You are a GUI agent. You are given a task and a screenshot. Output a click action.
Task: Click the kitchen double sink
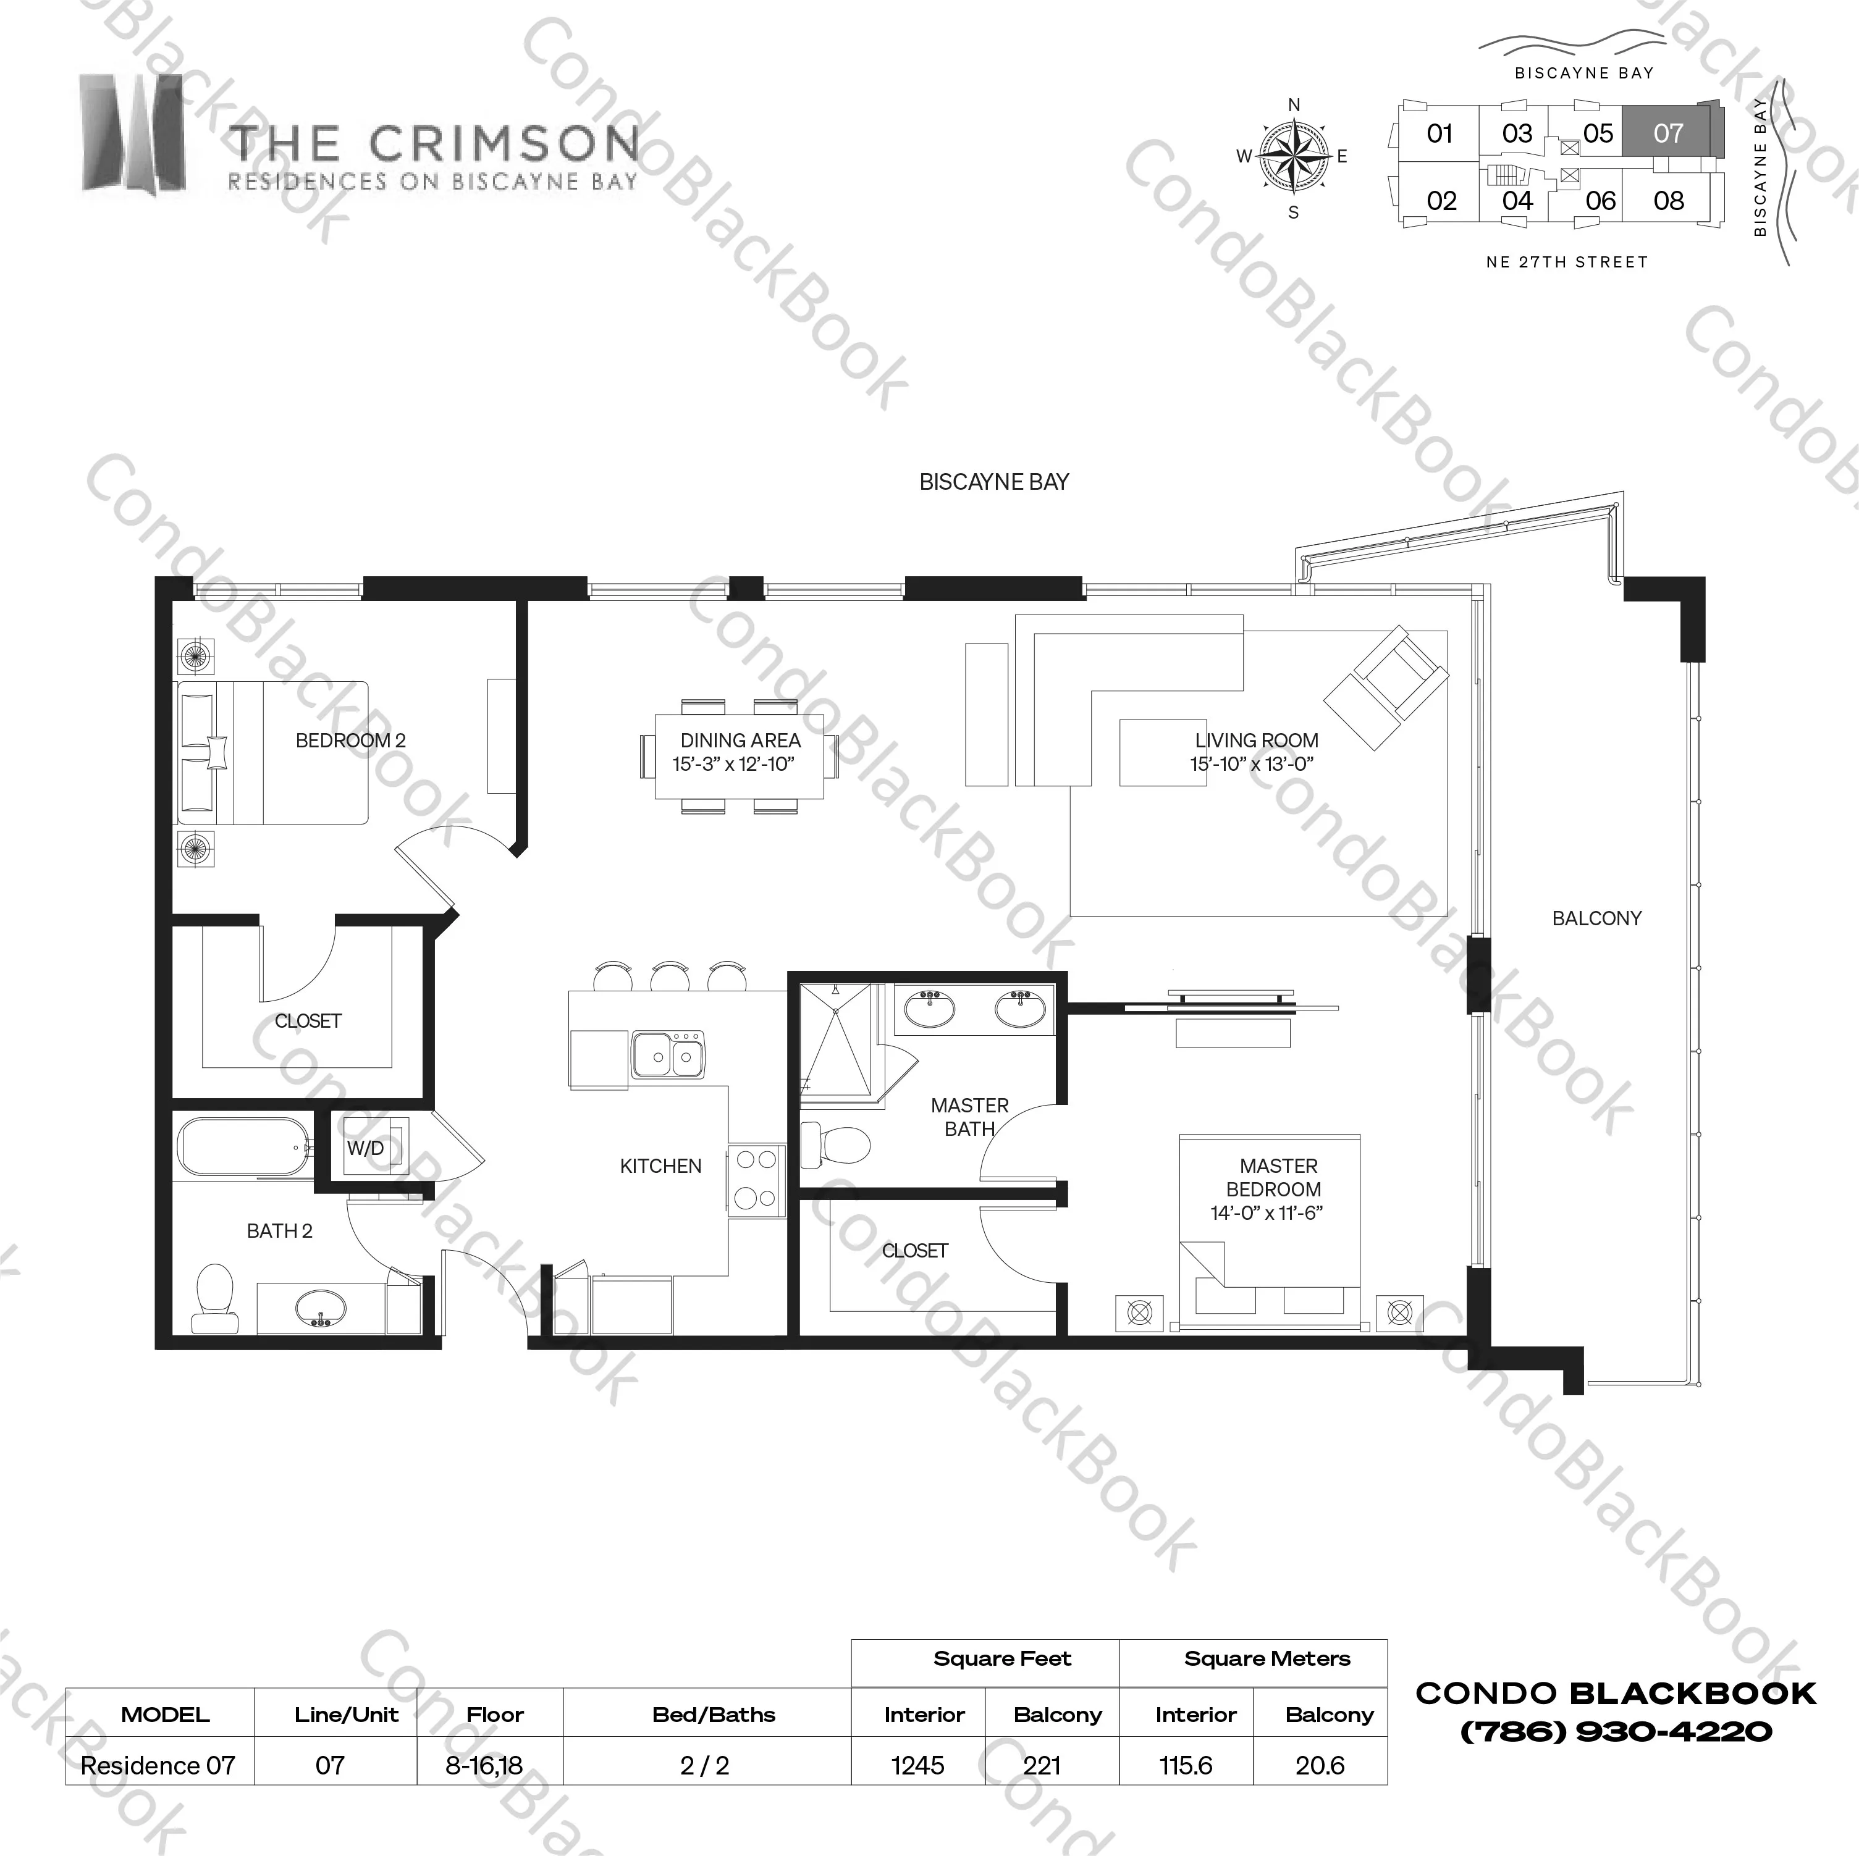tap(668, 1056)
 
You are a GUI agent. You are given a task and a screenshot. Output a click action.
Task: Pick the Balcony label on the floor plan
tap(1596, 919)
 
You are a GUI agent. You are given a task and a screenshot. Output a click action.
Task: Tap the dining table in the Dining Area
tap(739, 755)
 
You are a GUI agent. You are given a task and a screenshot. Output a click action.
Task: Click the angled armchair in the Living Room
tap(1386, 687)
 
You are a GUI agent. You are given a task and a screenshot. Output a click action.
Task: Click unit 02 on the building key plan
tap(1441, 201)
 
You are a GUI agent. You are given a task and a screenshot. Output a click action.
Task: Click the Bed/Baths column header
tap(714, 1715)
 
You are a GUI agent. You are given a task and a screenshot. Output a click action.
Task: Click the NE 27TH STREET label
tap(1567, 262)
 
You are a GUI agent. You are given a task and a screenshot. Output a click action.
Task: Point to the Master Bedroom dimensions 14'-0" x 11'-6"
tap(1267, 1213)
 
